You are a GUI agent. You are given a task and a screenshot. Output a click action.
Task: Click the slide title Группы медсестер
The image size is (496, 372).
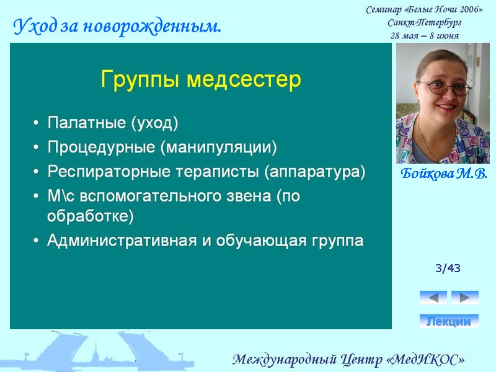pyautogui.click(x=200, y=79)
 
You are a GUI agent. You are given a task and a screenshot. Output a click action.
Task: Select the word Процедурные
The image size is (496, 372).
pyautogui.click(x=102, y=148)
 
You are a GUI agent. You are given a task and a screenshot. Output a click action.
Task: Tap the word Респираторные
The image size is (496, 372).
pyautogui.click(x=104, y=172)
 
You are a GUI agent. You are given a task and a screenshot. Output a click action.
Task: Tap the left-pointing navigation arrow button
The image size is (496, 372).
pyautogui.click(x=433, y=298)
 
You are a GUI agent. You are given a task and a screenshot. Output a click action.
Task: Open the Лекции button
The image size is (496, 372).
pyautogui.click(x=449, y=321)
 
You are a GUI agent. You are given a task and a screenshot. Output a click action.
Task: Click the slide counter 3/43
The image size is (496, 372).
pyautogui.click(x=448, y=268)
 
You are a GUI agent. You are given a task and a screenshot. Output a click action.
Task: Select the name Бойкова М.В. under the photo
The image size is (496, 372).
pyautogui.click(x=443, y=173)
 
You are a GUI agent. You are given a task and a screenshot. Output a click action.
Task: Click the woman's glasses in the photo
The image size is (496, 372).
pyautogui.click(x=444, y=87)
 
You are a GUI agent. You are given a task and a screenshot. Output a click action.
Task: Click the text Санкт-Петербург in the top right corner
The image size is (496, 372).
pyautogui.click(x=424, y=23)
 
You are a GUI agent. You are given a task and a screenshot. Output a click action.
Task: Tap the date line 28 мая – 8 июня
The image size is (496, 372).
pyautogui.click(x=424, y=35)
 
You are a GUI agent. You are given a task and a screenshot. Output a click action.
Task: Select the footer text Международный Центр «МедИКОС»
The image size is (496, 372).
pyautogui.click(x=348, y=360)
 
